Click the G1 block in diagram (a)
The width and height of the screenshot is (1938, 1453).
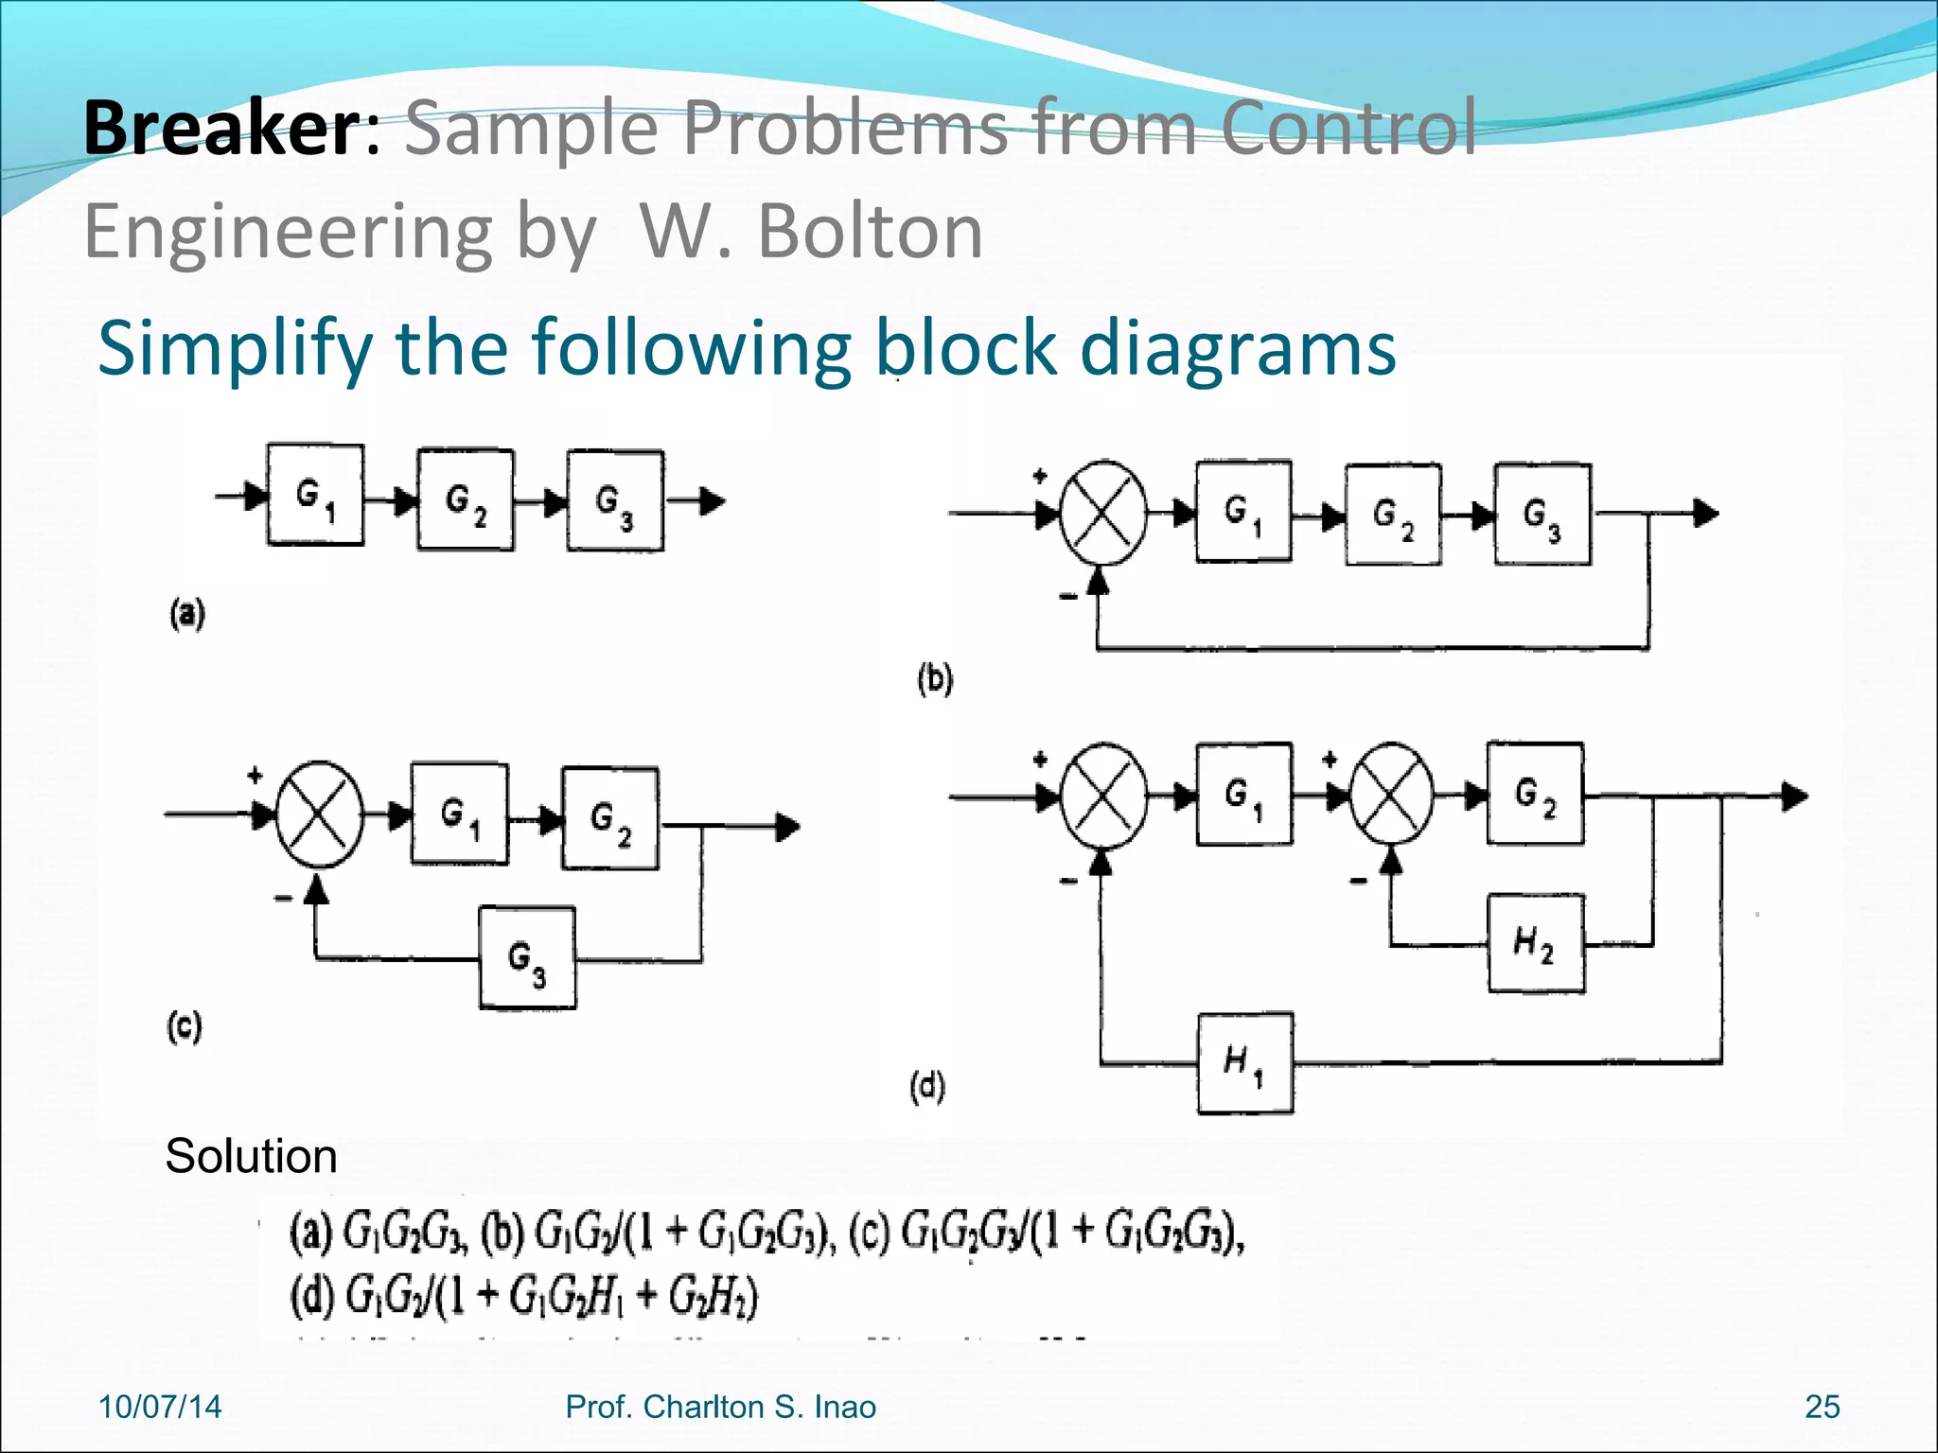point(315,495)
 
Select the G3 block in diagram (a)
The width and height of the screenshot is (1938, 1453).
point(615,500)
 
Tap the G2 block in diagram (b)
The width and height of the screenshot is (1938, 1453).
point(1393,515)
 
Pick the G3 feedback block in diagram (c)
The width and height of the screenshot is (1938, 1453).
point(527,958)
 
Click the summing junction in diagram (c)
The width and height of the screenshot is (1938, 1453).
point(319,814)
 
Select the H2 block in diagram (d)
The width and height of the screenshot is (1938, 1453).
point(1535,943)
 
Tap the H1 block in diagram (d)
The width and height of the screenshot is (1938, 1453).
point(1244,1063)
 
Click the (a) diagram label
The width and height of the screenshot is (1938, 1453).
point(187,614)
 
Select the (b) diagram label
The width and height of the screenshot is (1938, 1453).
point(935,679)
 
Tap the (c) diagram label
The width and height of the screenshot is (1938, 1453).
point(185,1026)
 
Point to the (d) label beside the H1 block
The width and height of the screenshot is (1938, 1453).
point(927,1087)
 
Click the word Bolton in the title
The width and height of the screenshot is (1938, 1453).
point(871,232)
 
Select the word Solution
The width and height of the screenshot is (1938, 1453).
point(251,1156)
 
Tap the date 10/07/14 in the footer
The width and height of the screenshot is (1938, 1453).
point(160,1407)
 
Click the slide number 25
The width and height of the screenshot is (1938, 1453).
point(1822,1407)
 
